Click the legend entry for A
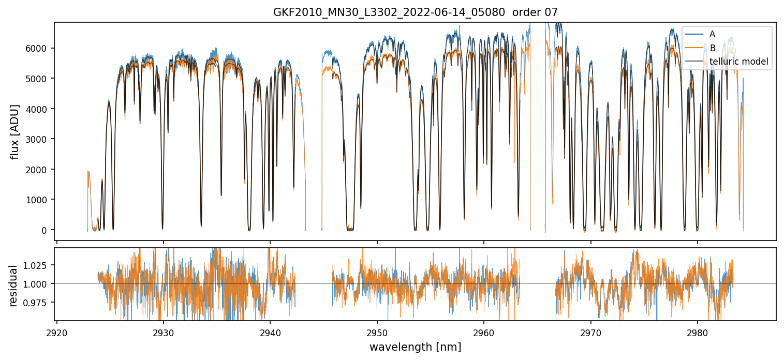[x=712, y=34]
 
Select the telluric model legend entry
[x=738, y=62]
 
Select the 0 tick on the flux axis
[x=47, y=230]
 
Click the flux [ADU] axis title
[x=15, y=131]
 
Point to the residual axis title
[x=13, y=286]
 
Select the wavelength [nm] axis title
[x=415, y=347]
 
